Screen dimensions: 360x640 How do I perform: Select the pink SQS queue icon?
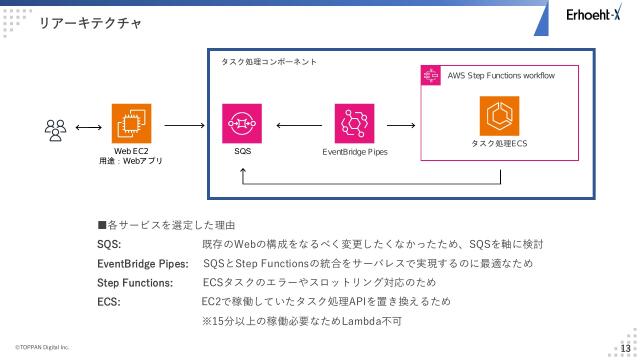tap(242, 124)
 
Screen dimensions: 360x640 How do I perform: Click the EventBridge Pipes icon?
tap(355, 124)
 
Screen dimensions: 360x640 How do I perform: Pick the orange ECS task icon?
tap(499, 116)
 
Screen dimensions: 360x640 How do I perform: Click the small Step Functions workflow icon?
tap(432, 75)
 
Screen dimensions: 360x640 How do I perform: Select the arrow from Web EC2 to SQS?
tap(183, 126)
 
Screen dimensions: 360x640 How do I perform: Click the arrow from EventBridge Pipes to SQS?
tap(298, 126)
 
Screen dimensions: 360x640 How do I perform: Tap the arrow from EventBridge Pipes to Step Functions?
tap(400, 126)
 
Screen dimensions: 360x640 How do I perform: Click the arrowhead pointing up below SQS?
tap(243, 173)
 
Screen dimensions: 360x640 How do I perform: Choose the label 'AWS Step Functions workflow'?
tap(500, 75)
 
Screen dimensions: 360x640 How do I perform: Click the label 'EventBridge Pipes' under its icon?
tap(355, 152)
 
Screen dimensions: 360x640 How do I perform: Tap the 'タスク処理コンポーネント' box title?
tap(269, 61)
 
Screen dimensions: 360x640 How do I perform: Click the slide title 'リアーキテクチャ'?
tap(89, 21)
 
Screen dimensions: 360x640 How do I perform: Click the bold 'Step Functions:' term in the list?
tap(133, 283)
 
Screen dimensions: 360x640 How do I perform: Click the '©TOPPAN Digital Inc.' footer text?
tap(42, 347)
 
